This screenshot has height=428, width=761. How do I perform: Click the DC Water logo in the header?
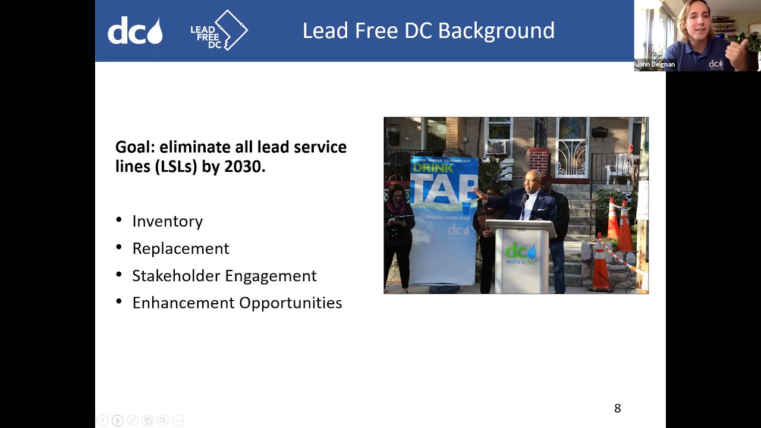click(135, 32)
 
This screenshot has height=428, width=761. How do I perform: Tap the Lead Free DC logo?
click(219, 30)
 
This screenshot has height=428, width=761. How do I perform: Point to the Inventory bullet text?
click(167, 221)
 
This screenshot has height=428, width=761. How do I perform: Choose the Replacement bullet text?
click(180, 248)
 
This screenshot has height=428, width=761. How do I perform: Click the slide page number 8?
click(617, 408)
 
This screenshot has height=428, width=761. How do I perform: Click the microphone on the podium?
click(524, 201)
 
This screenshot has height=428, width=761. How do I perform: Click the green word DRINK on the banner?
click(433, 168)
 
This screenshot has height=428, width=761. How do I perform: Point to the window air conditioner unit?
click(497, 147)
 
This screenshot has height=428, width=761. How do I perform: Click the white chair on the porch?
click(621, 163)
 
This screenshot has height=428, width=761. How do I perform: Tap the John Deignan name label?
click(655, 64)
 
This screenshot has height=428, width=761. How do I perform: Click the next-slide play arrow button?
click(117, 421)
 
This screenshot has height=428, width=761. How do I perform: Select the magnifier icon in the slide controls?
click(162, 421)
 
